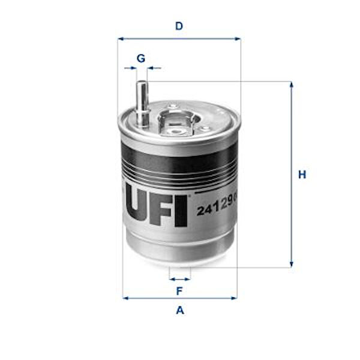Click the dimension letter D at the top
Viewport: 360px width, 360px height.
(x=179, y=26)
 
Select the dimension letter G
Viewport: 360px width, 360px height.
(x=141, y=58)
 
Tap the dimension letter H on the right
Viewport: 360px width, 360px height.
(x=302, y=175)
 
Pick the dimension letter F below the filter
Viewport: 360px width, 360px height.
(x=179, y=292)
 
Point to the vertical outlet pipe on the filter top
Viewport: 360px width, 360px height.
(x=141, y=102)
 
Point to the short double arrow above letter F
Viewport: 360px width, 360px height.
(x=179, y=279)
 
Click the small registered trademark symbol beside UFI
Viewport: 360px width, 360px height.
(x=190, y=195)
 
